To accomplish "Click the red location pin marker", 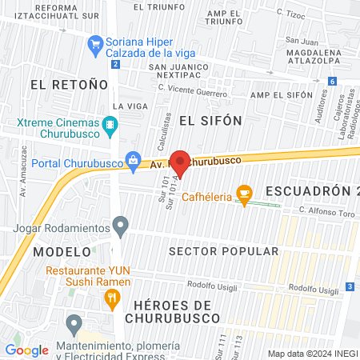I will coord(181,164).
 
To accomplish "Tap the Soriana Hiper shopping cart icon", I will coord(96,42).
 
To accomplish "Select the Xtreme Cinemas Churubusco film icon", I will coord(110,125).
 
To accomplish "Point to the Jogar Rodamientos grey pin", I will coord(121,227).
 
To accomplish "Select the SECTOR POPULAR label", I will coord(224,251).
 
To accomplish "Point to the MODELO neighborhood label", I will coord(57,251).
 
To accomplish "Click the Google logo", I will coord(26,350).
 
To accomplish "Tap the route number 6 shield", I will coord(331,81).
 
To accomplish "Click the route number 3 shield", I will coord(350,286).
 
